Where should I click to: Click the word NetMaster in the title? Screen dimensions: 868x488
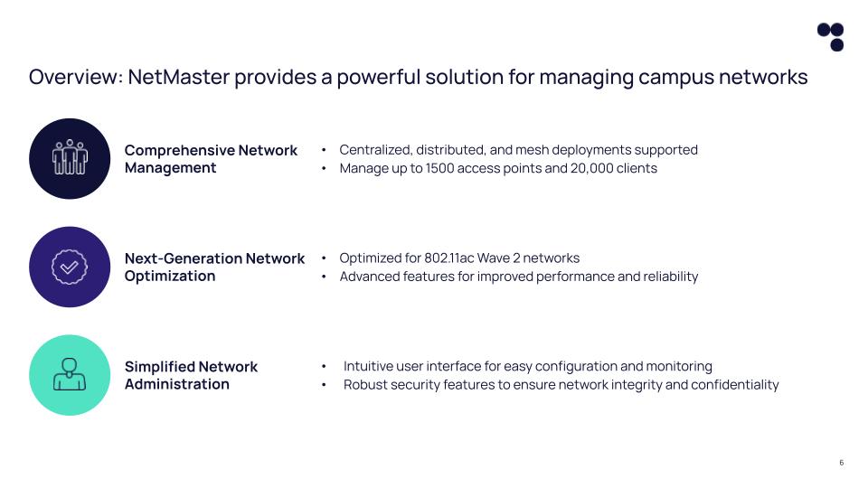178,78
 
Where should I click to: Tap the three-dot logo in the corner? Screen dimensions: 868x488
830,36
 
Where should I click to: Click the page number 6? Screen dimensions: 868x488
841,463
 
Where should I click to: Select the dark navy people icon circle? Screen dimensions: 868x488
70,158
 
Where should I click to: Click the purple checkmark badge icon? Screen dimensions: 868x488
70,267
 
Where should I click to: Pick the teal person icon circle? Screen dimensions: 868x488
70,375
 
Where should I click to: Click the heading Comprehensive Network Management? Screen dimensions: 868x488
211,159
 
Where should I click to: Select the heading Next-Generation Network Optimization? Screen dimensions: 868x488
214,267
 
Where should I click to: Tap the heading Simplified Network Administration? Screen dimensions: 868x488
191,375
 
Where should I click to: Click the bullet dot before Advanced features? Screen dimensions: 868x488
324,277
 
